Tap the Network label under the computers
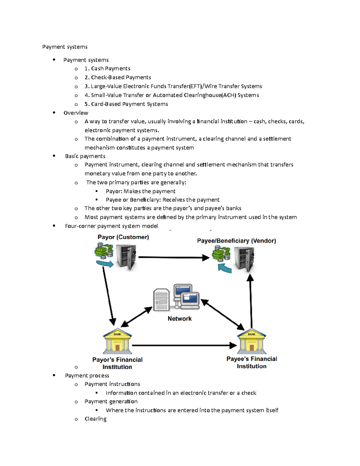coord(179,319)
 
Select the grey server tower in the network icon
coord(161,299)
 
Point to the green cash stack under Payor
coord(104,251)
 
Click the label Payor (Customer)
coord(123,237)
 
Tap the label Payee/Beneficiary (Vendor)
coord(236,241)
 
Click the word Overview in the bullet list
coord(76,113)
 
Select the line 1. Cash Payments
coord(107,68)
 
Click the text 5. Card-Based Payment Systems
coord(126,104)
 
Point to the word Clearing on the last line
coord(95,419)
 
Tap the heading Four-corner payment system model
coord(111,226)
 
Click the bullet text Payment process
coord(87,376)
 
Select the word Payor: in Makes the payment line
coord(114,191)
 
